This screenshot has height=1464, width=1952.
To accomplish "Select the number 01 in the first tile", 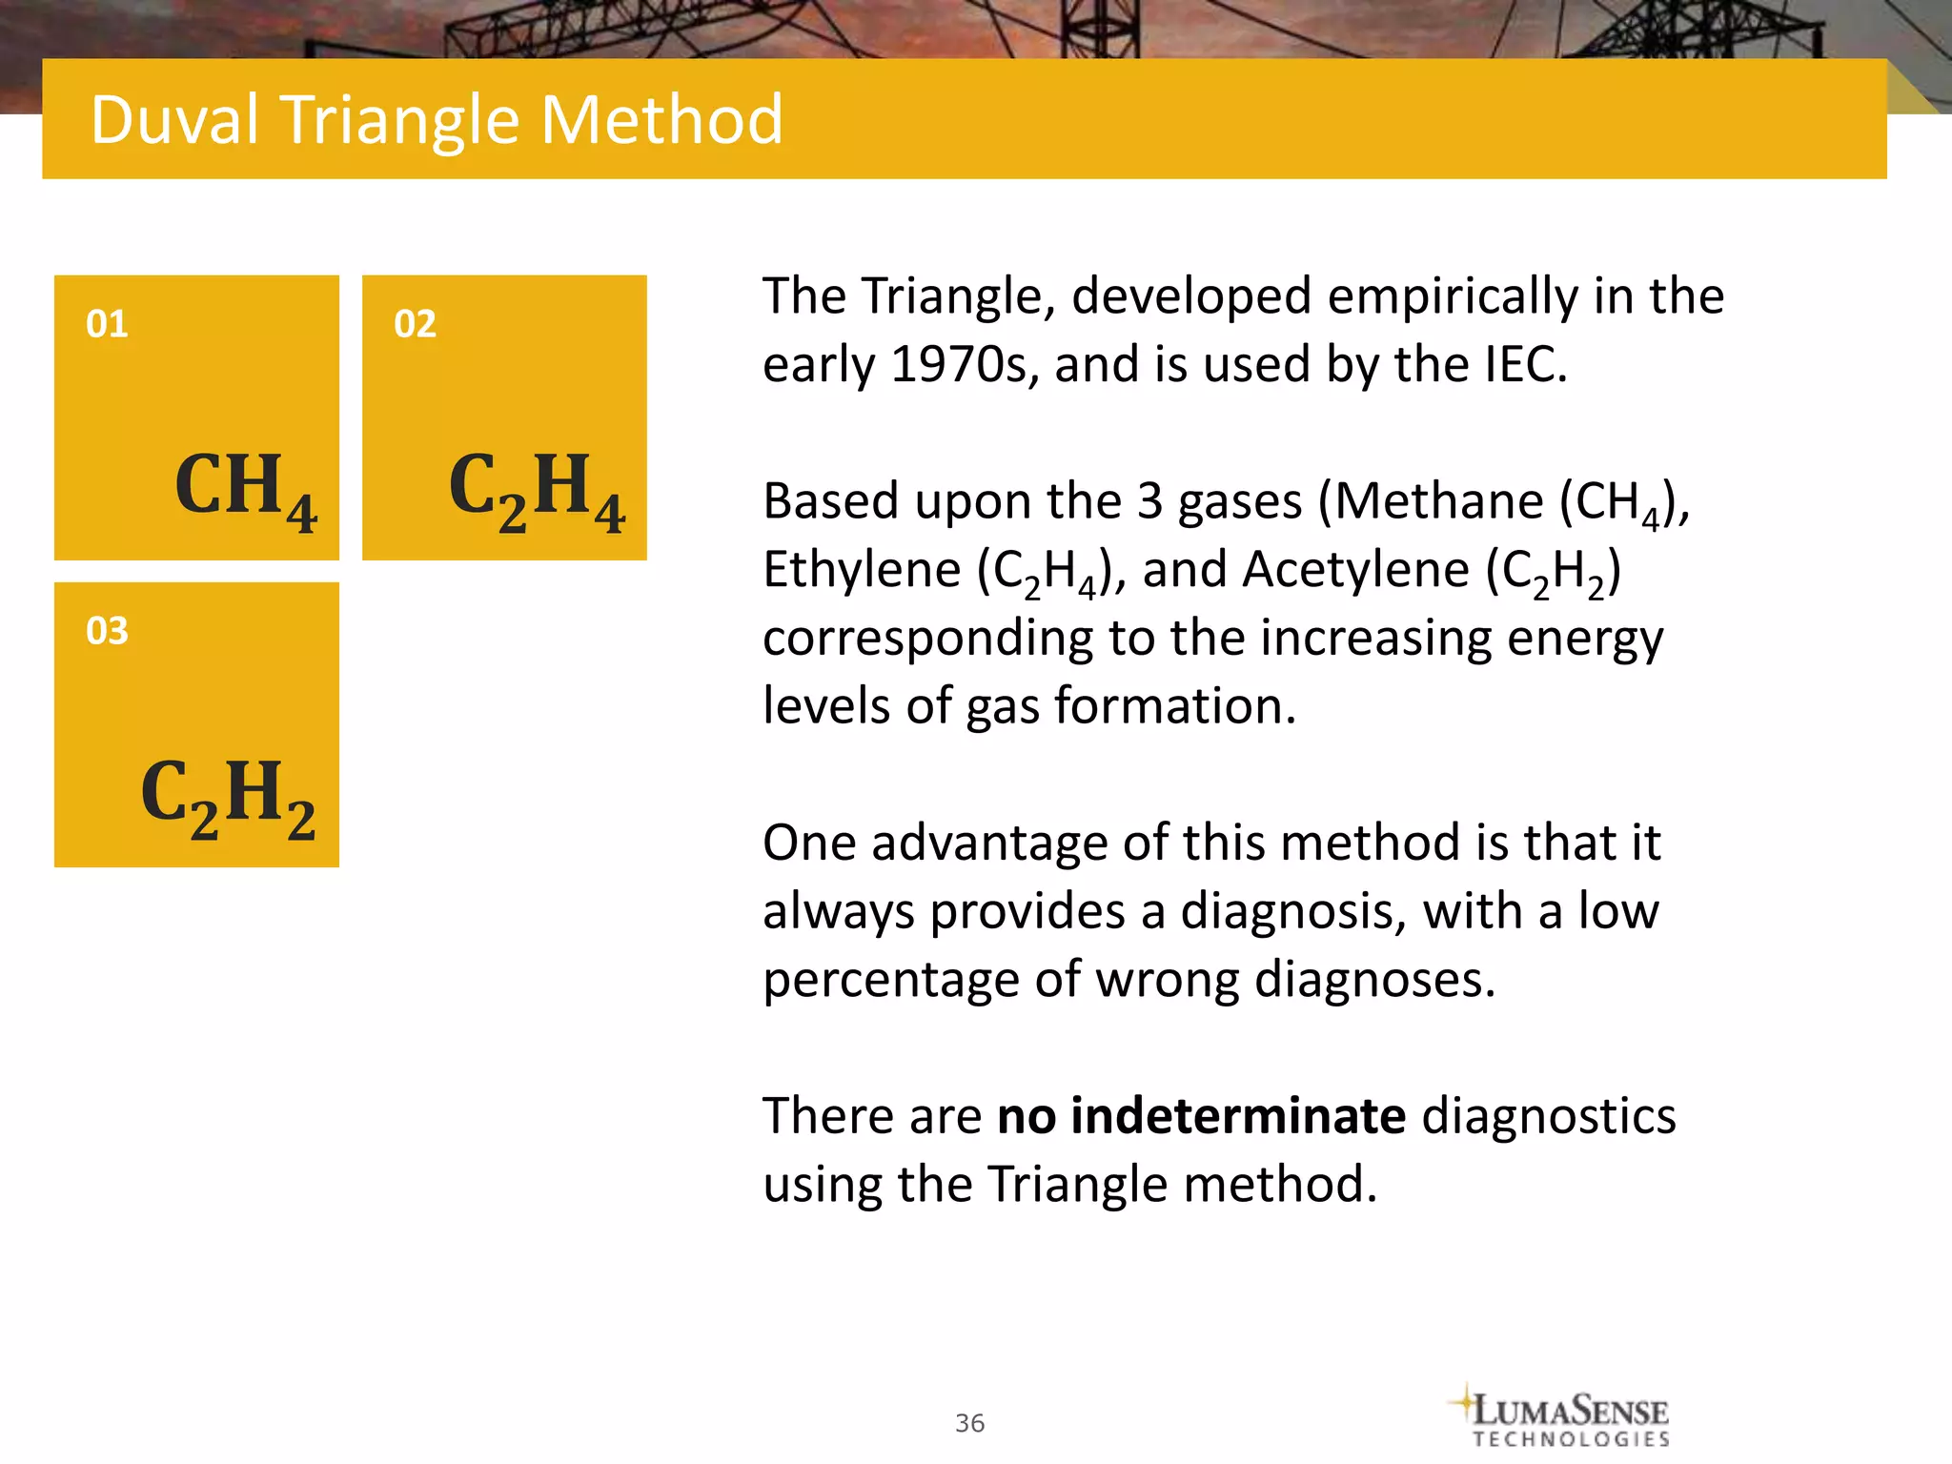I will click(107, 324).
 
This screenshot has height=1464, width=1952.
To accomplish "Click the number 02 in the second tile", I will click(415, 324).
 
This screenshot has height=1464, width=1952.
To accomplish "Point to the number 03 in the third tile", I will click(107, 631).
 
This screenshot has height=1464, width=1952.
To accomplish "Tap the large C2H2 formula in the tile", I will click(228, 797).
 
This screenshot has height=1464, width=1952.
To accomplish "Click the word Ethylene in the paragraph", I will click(862, 570).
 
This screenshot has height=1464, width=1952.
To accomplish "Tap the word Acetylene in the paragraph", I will click(1356, 570).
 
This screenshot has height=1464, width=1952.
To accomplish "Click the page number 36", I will click(969, 1423).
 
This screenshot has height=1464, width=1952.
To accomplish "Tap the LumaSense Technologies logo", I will click(1563, 1415).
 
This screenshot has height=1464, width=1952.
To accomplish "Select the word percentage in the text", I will click(890, 980).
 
